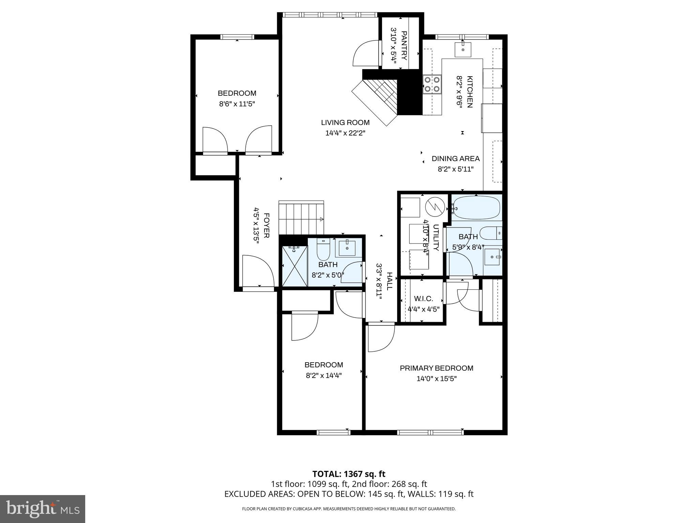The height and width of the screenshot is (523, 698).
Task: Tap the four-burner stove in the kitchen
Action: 431,84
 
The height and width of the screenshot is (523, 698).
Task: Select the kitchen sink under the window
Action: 463,50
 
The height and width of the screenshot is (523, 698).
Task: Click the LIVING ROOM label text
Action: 345,123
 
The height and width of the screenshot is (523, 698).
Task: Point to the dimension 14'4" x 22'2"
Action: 345,133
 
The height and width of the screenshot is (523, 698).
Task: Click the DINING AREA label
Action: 455,159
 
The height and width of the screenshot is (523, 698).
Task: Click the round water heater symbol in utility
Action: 435,206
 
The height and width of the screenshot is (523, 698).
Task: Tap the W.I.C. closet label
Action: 423,299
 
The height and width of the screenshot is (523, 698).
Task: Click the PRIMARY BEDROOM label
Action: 436,368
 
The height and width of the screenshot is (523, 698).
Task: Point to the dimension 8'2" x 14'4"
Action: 323,376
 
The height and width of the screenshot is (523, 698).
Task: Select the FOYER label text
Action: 267,225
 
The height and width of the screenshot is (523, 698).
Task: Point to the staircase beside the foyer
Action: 301,218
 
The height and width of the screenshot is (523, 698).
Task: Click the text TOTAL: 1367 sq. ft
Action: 349,474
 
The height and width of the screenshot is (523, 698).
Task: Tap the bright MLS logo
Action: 43,509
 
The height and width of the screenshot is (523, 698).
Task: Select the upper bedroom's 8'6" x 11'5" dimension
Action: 237,104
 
